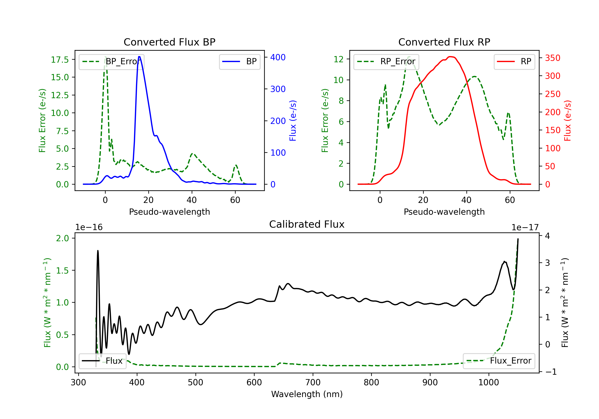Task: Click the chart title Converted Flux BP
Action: [x=169, y=42]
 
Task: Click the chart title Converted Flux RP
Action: [x=444, y=42]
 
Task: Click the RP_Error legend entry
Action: [x=386, y=61]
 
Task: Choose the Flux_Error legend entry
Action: [x=499, y=361]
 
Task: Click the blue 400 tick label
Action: [x=278, y=57]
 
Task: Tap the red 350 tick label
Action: [x=552, y=58]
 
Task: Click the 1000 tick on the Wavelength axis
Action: [x=488, y=382]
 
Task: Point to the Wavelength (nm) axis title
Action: [x=307, y=394]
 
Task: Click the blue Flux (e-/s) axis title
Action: [x=293, y=121]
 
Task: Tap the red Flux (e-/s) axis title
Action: [x=567, y=121]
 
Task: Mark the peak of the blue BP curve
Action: [x=139, y=57]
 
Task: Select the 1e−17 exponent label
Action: [x=525, y=227]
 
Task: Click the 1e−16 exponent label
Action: [x=89, y=227]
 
